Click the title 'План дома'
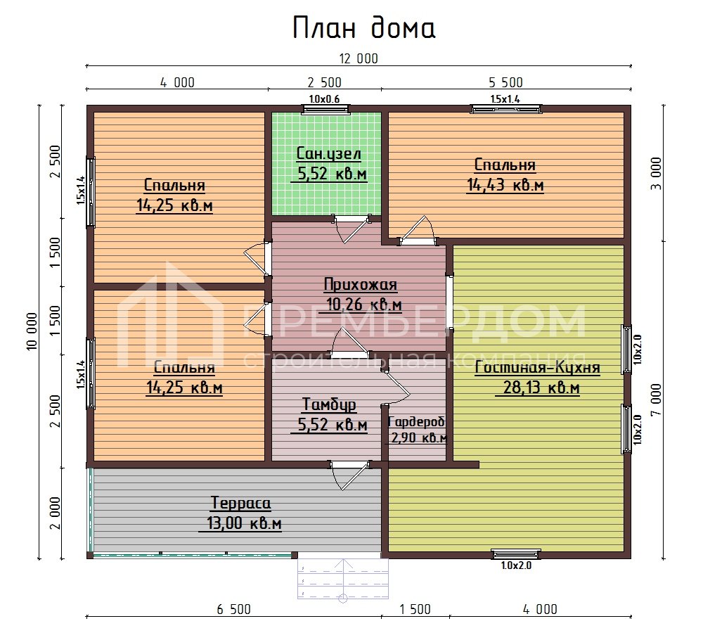pos(363,27)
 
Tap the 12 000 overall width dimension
pos(358,59)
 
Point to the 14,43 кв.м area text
pos(505,185)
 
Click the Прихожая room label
pos(361,285)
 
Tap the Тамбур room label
pos(329,404)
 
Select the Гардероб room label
pos(417,421)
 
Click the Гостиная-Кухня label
pos(537,368)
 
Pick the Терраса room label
pos(240,504)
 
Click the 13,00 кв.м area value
pos(244,524)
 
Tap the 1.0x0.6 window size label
pos(324,99)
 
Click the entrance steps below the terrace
pos(344,580)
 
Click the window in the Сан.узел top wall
pos(324,108)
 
